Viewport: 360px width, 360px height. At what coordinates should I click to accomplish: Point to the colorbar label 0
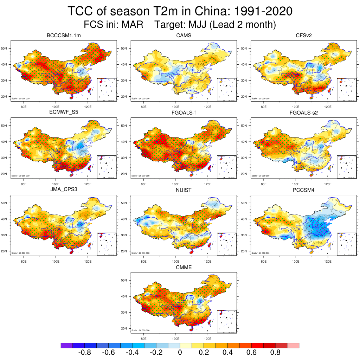pyautogui.click(x=180, y=353)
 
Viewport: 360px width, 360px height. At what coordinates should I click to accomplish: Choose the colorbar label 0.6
pyautogui.click(x=251, y=353)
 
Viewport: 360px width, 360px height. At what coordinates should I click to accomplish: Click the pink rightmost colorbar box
pyautogui.click(x=293, y=346)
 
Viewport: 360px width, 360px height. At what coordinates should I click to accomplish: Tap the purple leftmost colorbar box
pyautogui.click(x=66, y=346)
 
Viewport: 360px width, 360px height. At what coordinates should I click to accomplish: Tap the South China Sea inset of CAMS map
pyautogui.click(x=226, y=90)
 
